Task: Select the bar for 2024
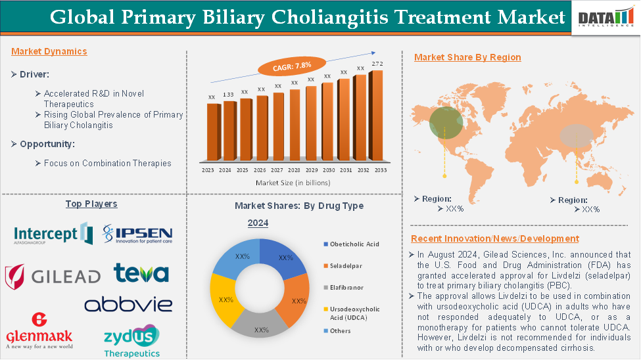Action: click(x=229, y=131)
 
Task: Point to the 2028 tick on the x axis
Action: click(x=295, y=169)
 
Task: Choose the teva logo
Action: click(x=141, y=273)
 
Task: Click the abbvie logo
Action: click(x=128, y=304)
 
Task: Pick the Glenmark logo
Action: click(x=39, y=331)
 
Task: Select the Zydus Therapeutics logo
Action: click(x=131, y=340)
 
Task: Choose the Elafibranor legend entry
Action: click(x=346, y=287)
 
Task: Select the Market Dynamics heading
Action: click(x=49, y=51)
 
